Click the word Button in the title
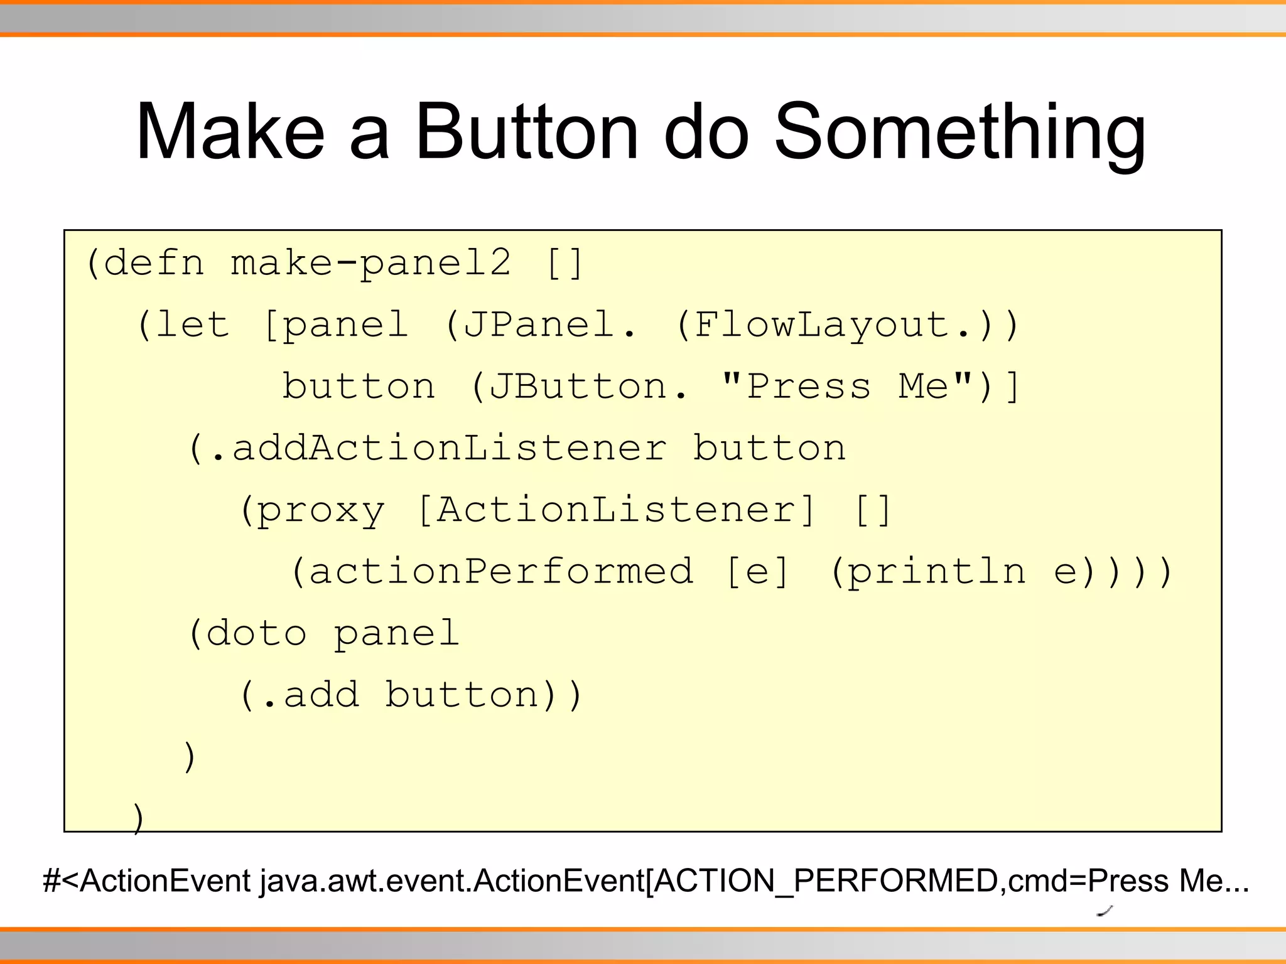click(x=526, y=132)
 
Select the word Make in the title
click(x=230, y=132)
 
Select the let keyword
click(x=192, y=324)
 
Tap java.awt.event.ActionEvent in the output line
click(x=452, y=881)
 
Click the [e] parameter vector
click(x=757, y=571)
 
